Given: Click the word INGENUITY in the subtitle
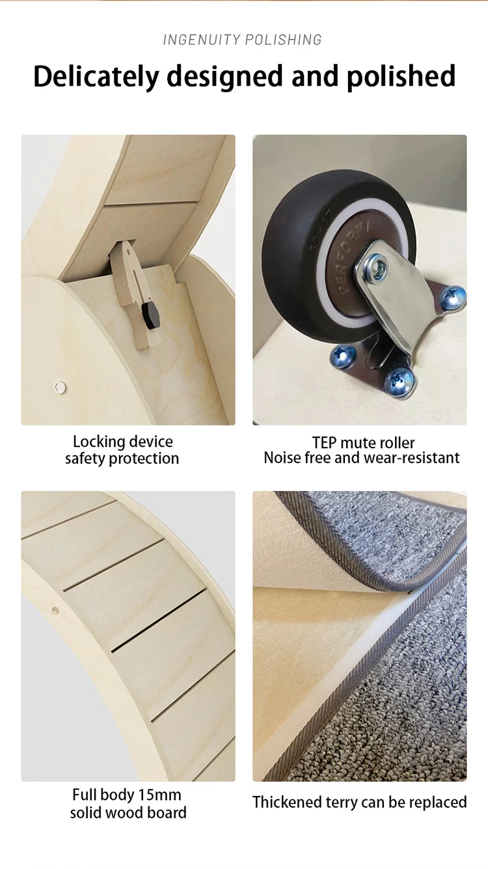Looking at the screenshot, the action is pyautogui.click(x=202, y=40).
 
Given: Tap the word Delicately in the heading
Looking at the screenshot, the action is pyautogui.click(x=96, y=76).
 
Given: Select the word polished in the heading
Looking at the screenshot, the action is pyautogui.click(x=401, y=76).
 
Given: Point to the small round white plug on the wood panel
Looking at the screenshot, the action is pyautogui.click(x=60, y=387).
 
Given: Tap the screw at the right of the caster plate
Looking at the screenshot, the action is pyautogui.click(x=453, y=298).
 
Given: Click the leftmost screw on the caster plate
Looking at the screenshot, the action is pyautogui.click(x=343, y=356).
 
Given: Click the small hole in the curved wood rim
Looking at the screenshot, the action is pyautogui.click(x=55, y=610).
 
